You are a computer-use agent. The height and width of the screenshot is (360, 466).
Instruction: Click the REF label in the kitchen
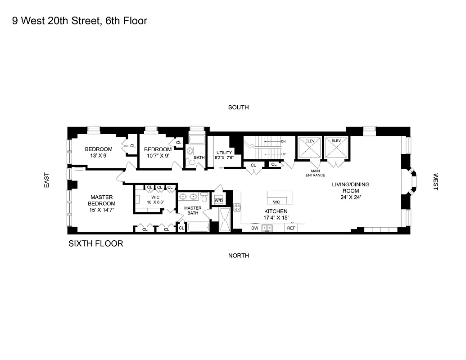[291, 228]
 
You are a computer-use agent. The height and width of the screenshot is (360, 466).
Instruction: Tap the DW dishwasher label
[255, 228]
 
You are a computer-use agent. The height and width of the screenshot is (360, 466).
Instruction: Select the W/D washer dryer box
[219, 200]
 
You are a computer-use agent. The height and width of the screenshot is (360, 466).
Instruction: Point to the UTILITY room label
[224, 153]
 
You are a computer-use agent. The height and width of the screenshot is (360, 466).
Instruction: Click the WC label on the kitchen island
[276, 202]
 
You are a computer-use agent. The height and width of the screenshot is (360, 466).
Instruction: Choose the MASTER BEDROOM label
[101, 200]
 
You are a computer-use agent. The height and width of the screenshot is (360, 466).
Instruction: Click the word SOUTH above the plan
[238, 108]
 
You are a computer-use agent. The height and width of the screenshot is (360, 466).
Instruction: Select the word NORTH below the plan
[238, 256]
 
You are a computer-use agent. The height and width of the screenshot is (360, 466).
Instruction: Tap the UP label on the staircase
[283, 154]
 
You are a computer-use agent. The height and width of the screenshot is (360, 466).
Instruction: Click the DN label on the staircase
[283, 141]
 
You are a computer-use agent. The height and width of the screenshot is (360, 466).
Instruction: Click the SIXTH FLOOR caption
[95, 244]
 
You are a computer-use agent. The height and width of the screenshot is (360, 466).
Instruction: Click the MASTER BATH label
[193, 210]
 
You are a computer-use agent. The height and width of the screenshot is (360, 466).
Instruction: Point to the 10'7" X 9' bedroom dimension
[157, 156]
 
